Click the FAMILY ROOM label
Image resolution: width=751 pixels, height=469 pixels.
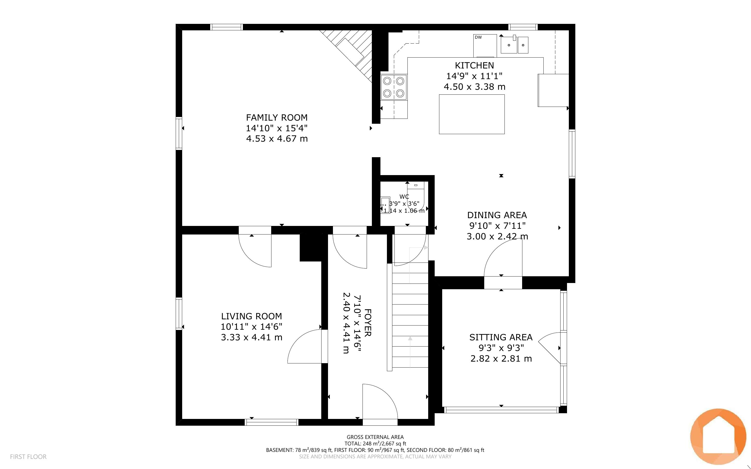277,118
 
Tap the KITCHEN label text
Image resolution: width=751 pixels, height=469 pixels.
474,65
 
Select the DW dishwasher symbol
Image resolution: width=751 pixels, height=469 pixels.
485,46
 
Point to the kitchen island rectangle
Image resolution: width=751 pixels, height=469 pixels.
472,114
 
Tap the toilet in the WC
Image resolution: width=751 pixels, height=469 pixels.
416,195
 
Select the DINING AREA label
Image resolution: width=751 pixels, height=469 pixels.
497,215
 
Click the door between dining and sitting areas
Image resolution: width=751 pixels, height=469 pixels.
503,257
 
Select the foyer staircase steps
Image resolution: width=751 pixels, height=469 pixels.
410,315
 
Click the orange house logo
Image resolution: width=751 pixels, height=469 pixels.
718,436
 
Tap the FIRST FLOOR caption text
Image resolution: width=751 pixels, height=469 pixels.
28,457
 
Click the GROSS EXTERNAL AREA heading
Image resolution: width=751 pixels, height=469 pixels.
375,437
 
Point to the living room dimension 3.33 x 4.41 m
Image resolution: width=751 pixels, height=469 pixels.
251,337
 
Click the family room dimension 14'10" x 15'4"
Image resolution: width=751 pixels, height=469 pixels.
277,128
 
